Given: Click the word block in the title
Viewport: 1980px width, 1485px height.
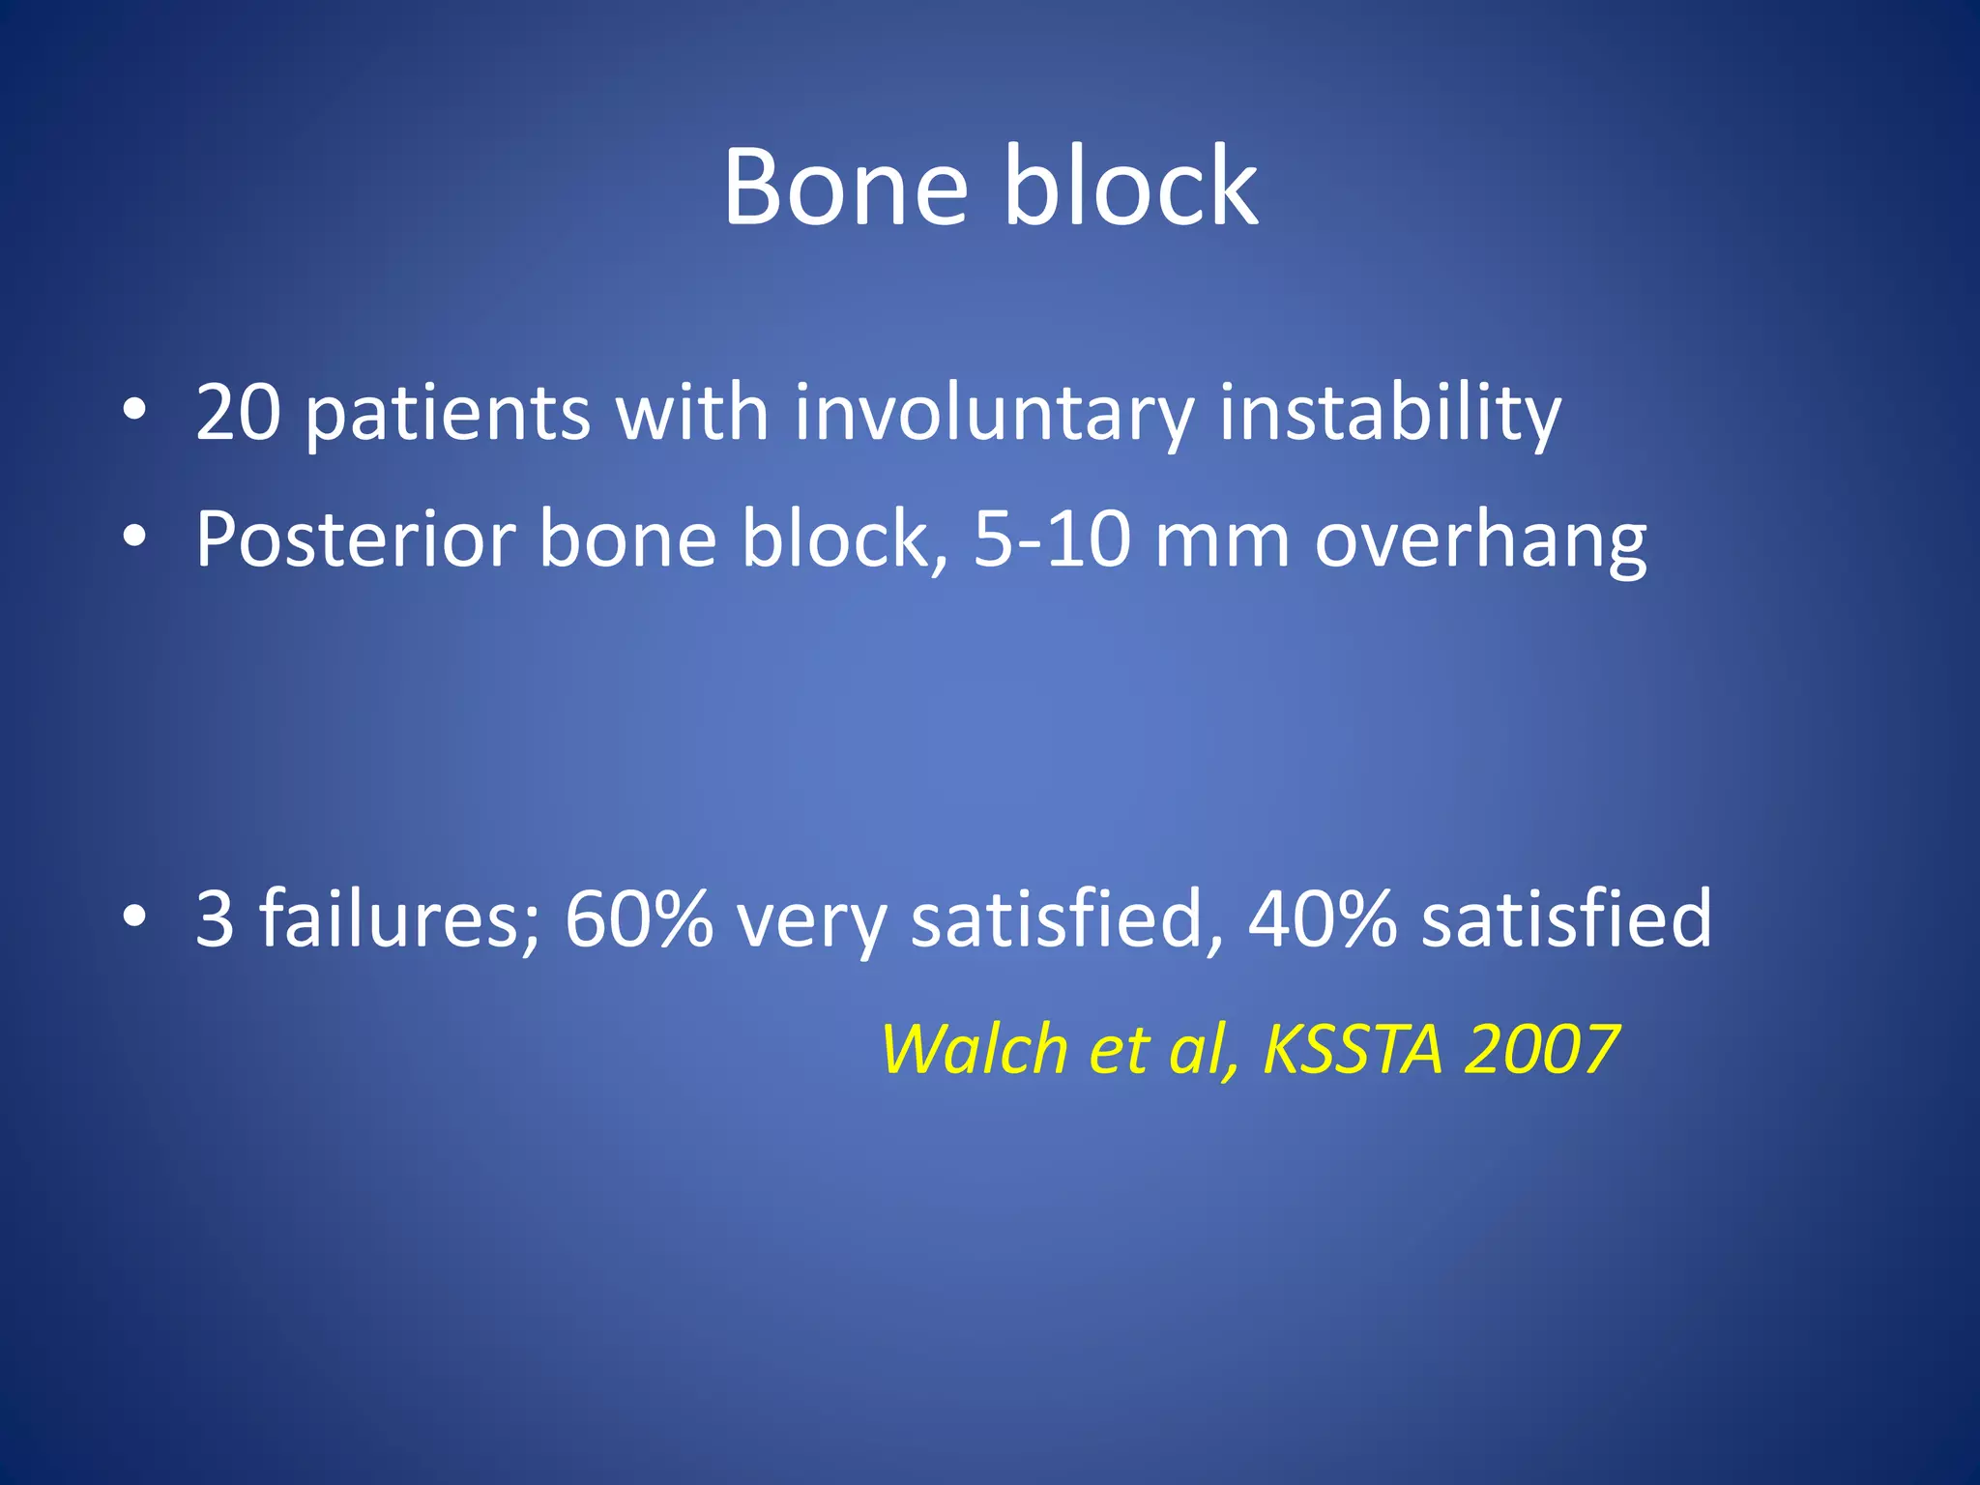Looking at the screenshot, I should pos(1131,186).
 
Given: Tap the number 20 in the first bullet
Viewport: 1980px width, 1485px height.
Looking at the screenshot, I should pos(238,413).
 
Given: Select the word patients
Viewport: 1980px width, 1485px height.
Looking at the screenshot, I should pos(447,413).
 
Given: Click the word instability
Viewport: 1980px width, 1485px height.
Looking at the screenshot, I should pos(1389,413).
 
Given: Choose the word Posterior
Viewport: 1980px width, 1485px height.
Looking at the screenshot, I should pos(355,539).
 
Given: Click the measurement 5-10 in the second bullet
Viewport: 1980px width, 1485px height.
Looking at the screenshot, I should pos(1052,539).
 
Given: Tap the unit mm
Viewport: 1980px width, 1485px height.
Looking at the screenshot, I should pos(1222,539).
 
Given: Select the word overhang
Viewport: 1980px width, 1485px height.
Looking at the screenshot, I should pos(1480,539).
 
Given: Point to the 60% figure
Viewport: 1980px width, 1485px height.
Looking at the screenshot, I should pos(638,918).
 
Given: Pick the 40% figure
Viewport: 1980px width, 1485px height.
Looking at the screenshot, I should pos(1323,918).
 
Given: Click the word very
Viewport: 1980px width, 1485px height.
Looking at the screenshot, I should pos(811,918).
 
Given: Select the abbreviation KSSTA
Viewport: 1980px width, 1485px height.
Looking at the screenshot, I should pos(1353,1050).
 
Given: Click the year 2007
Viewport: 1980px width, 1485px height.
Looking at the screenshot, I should pos(1541,1050).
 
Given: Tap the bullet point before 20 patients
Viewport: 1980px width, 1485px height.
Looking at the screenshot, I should pos(134,409).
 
